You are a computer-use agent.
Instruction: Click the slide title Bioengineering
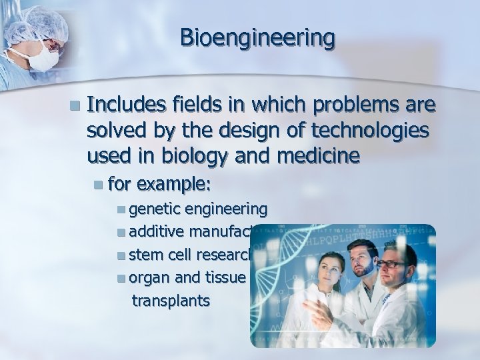click(257, 38)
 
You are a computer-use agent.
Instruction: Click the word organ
click(148, 278)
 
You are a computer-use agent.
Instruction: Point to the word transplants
click(171, 300)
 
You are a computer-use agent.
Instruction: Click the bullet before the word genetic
click(120, 210)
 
